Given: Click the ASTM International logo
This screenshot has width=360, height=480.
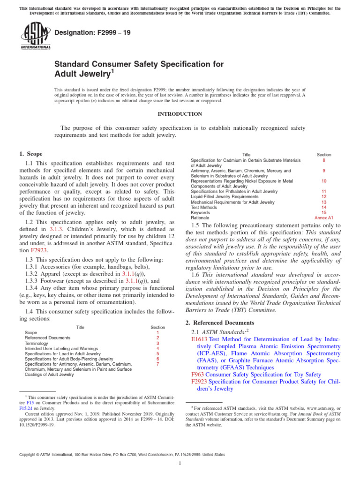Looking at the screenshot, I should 35,37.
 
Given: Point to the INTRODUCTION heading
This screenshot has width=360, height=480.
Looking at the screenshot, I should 180,114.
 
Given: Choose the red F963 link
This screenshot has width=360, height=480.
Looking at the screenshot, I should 197,375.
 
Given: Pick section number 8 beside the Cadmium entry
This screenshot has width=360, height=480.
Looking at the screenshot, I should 323,160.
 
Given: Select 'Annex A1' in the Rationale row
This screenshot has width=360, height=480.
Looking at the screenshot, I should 323,217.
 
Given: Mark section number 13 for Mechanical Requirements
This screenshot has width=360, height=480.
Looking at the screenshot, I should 323,202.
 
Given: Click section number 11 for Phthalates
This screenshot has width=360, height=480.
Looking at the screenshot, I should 323,192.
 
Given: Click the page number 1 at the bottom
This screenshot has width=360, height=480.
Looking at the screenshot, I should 180,464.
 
